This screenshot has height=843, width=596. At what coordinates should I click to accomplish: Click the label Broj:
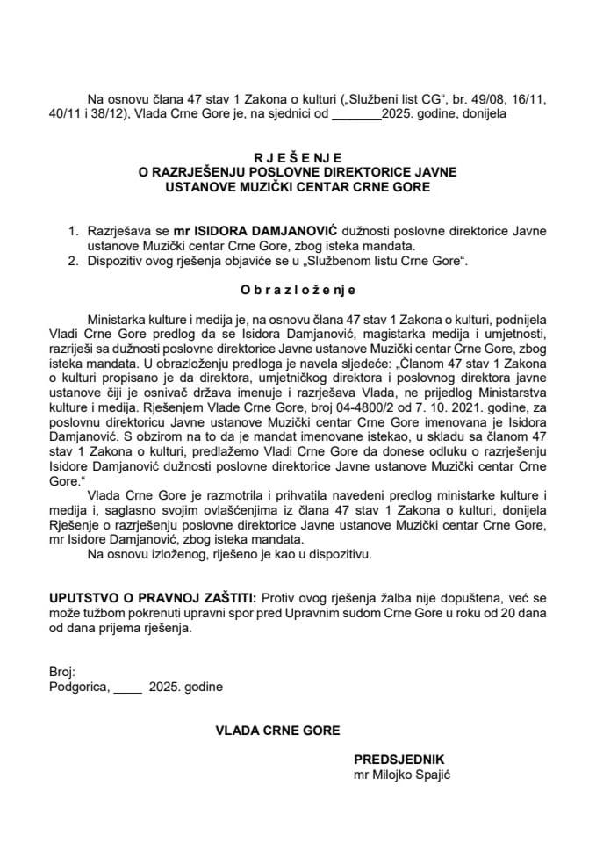[62, 671]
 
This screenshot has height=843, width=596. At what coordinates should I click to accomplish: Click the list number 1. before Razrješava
[74, 230]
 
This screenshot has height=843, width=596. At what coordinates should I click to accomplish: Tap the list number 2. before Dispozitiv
[74, 261]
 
